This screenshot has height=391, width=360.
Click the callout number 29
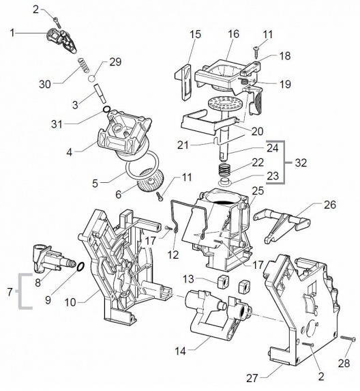coord(115,62)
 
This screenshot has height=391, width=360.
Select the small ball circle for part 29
coord(91,78)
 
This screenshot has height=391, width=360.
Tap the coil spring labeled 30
coord(84,66)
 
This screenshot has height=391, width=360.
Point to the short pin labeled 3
coord(100,93)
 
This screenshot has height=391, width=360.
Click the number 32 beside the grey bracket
coord(301,163)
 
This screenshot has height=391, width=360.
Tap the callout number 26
coord(330,205)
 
